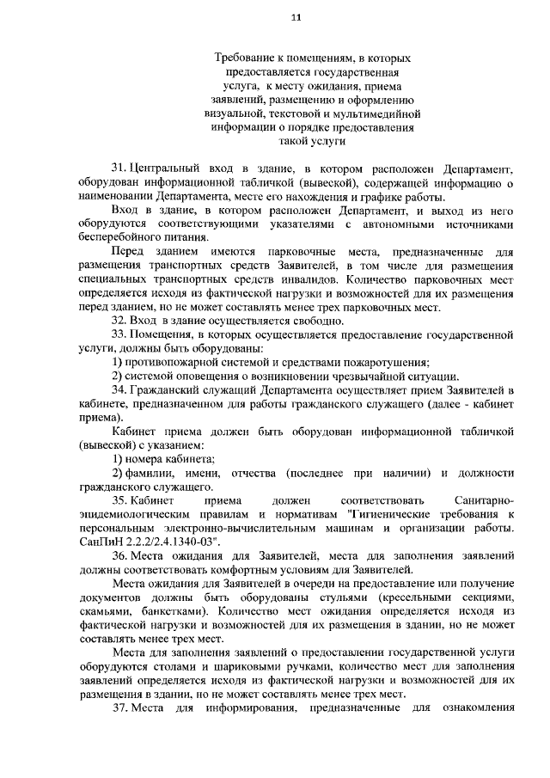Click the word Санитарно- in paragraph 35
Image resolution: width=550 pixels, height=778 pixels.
481,499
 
